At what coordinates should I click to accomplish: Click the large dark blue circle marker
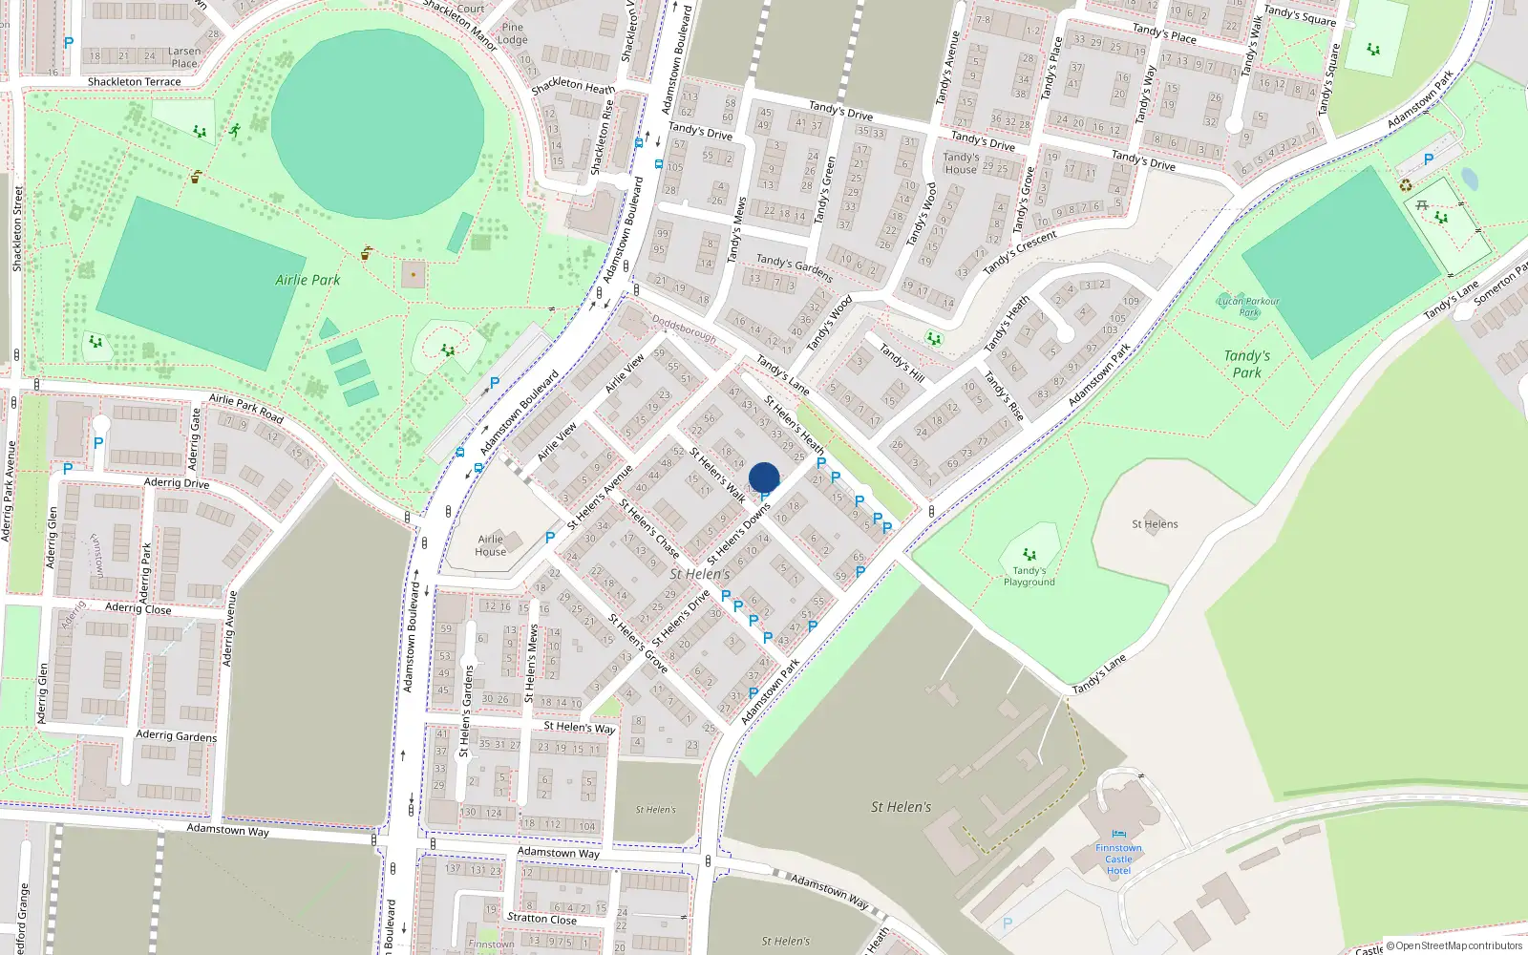tap(764, 477)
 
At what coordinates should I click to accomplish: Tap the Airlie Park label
tap(308, 280)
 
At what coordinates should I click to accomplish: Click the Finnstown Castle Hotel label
tap(1118, 859)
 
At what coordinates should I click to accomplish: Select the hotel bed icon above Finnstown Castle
tap(1118, 834)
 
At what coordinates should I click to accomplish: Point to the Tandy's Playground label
tap(1029, 576)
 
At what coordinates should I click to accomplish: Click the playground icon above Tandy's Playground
tap(1029, 554)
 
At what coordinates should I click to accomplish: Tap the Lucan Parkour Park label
tap(1248, 307)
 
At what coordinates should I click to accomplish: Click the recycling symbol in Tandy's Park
tap(1406, 184)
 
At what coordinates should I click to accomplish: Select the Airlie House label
tap(490, 545)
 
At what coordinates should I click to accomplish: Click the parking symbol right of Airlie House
tap(550, 539)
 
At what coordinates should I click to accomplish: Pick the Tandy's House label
tap(961, 163)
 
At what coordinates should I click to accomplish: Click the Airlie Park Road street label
tap(246, 408)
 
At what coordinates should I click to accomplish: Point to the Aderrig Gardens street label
tap(176, 735)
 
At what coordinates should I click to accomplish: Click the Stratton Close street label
tap(541, 919)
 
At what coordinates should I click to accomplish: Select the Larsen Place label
tap(184, 57)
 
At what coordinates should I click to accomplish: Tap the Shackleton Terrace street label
tap(134, 82)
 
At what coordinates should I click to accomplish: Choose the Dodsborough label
tap(684, 329)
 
